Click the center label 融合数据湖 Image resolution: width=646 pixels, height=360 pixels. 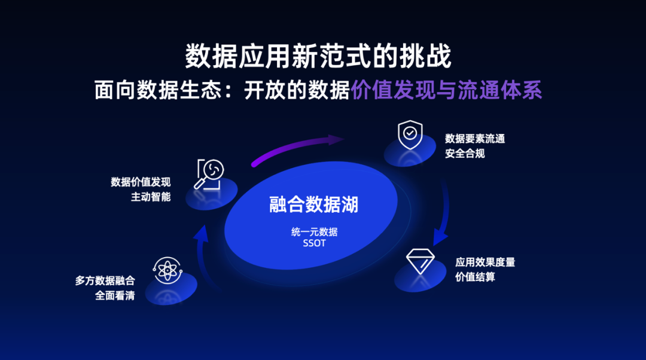point(313,205)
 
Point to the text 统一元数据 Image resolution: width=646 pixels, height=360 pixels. point(314,232)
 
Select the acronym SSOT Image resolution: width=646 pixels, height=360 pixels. point(314,243)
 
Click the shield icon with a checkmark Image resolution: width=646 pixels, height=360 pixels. point(410,135)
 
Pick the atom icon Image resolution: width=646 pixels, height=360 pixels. point(167,270)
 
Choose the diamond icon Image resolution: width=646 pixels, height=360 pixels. point(421,261)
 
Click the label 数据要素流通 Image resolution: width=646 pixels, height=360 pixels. point(475,139)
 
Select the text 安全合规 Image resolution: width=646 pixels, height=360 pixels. point(465,153)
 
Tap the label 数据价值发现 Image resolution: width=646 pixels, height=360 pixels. point(141,182)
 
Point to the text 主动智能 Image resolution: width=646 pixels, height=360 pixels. point(151,196)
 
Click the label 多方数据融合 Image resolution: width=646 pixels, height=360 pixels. point(105,280)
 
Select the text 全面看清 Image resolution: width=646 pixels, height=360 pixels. point(115,295)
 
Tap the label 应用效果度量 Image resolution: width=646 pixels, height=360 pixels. point(485,262)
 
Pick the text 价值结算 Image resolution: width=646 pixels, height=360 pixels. point(475,277)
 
